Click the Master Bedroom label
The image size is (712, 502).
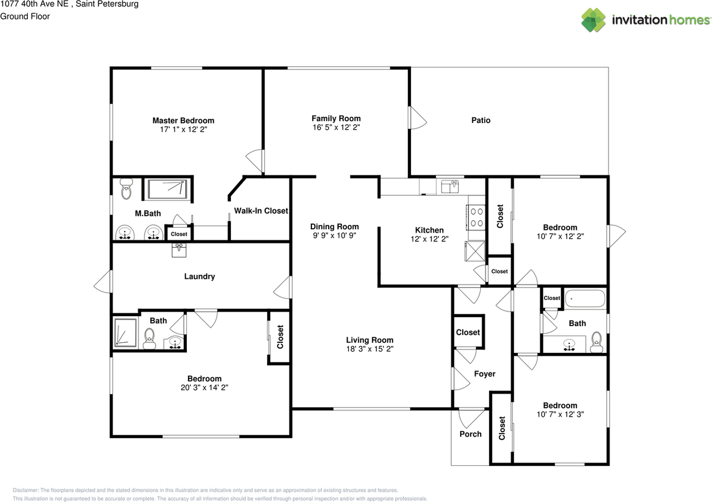tap(183, 120)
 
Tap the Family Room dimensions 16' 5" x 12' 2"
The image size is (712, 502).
tap(335, 127)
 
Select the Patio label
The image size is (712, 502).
tap(481, 120)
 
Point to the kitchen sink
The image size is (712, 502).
tap(449, 187)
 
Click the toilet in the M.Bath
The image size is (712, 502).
tap(126, 189)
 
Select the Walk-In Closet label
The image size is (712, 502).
tap(261, 210)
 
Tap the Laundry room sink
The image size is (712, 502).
tap(179, 250)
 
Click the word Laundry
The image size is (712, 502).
tap(199, 277)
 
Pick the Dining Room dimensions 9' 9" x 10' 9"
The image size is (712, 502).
tap(334, 235)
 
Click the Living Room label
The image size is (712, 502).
tap(369, 340)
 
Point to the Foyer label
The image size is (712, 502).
tap(484, 374)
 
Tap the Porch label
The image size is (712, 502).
tap(471, 434)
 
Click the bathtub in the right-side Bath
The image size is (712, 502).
tap(585, 299)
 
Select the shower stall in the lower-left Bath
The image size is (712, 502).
tap(125, 332)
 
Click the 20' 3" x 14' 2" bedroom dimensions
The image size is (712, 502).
tap(204, 387)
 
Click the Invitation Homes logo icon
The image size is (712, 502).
tap(594, 20)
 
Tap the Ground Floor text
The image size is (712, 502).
tap(25, 16)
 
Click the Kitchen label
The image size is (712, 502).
tap(429, 230)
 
